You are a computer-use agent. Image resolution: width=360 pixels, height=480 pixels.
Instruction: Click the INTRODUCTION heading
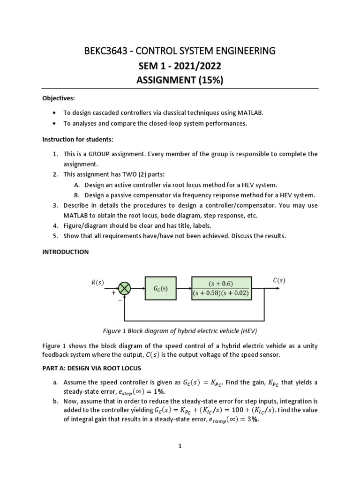pos(65,252)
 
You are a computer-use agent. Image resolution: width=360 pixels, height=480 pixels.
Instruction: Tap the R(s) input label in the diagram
pos(97,282)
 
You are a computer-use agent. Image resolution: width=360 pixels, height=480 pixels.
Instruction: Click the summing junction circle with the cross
pos(124,289)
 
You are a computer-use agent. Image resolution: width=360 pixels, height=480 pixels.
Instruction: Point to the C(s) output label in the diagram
pos(278,280)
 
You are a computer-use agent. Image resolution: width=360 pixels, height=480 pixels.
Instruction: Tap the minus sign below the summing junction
pos(120,301)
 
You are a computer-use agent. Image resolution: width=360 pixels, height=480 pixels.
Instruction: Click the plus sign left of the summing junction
pos(113,292)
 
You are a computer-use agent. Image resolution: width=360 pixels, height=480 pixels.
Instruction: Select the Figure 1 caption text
pos(180,330)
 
